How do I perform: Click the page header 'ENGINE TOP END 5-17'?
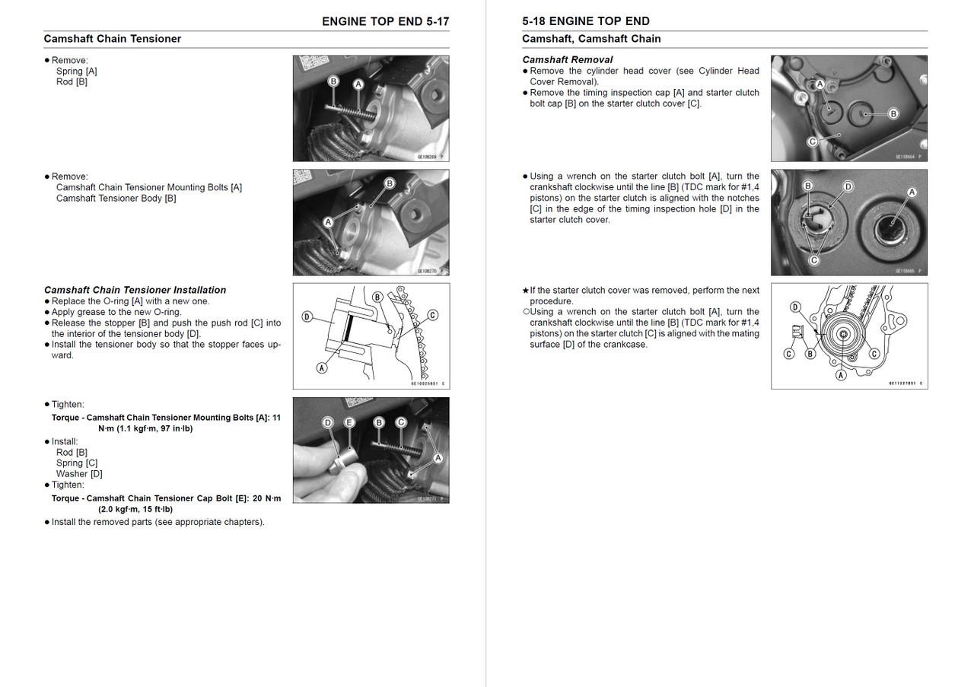coord(385,21)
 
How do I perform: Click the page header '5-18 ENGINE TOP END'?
coord(586,21)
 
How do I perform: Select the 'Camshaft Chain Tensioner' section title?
coord(113,39)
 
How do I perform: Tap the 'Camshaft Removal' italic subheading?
coord(567,59)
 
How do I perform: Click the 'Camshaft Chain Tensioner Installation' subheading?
coord(135,290)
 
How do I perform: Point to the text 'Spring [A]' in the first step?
coord(76,72)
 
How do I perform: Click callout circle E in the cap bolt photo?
coord(349,422)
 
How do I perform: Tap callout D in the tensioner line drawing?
coord(307,316)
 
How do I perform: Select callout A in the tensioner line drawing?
coord(322,367)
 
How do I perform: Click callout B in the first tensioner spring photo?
coord(333,81)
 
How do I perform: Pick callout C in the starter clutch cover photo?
coord(812,142)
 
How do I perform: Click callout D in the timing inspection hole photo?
coord(848,186)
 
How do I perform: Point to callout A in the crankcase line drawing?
coord(841,375)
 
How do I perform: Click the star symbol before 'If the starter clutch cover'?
coord(525,291)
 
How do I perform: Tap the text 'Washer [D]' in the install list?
coord(79,474)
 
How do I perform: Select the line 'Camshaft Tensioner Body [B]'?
coord(116,199)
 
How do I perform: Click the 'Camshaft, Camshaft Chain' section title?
coord(591,39)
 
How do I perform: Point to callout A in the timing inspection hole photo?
coord(912,192)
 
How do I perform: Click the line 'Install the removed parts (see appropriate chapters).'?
coord(158,522)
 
